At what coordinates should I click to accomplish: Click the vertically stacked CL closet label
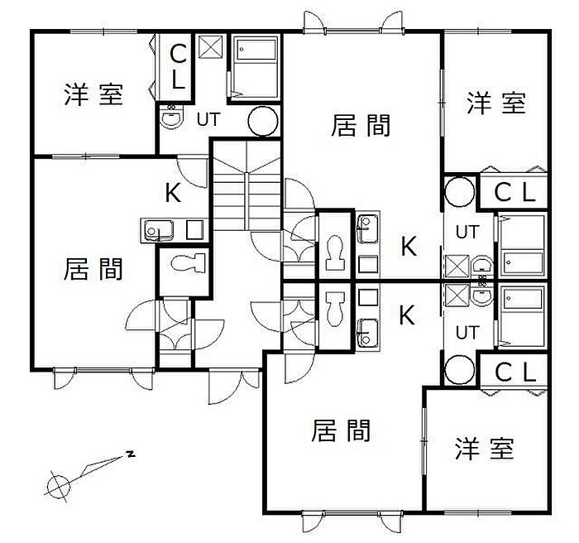[177, 68]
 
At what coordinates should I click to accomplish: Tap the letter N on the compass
[131, 454]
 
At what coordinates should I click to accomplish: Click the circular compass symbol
[58, 487]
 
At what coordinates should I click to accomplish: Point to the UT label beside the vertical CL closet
[208, 119]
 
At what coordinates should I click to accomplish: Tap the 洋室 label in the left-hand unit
[93, 94]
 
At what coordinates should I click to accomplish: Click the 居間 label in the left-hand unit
[93, 270]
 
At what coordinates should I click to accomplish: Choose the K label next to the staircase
[173, 194]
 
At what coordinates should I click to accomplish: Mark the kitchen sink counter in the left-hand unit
[173, 229]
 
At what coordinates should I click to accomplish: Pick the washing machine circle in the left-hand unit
[264, 121]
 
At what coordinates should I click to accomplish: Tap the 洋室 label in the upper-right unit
[495, 103]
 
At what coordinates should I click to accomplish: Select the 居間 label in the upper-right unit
[361, 126]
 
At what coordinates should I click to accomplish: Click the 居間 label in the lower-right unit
[341, 431]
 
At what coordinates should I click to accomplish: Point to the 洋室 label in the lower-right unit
[484, 449]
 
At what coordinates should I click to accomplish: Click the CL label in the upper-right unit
[515, 193]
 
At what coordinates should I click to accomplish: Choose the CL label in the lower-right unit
[515, 372]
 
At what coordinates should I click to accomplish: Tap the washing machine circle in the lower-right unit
[460, 369]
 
